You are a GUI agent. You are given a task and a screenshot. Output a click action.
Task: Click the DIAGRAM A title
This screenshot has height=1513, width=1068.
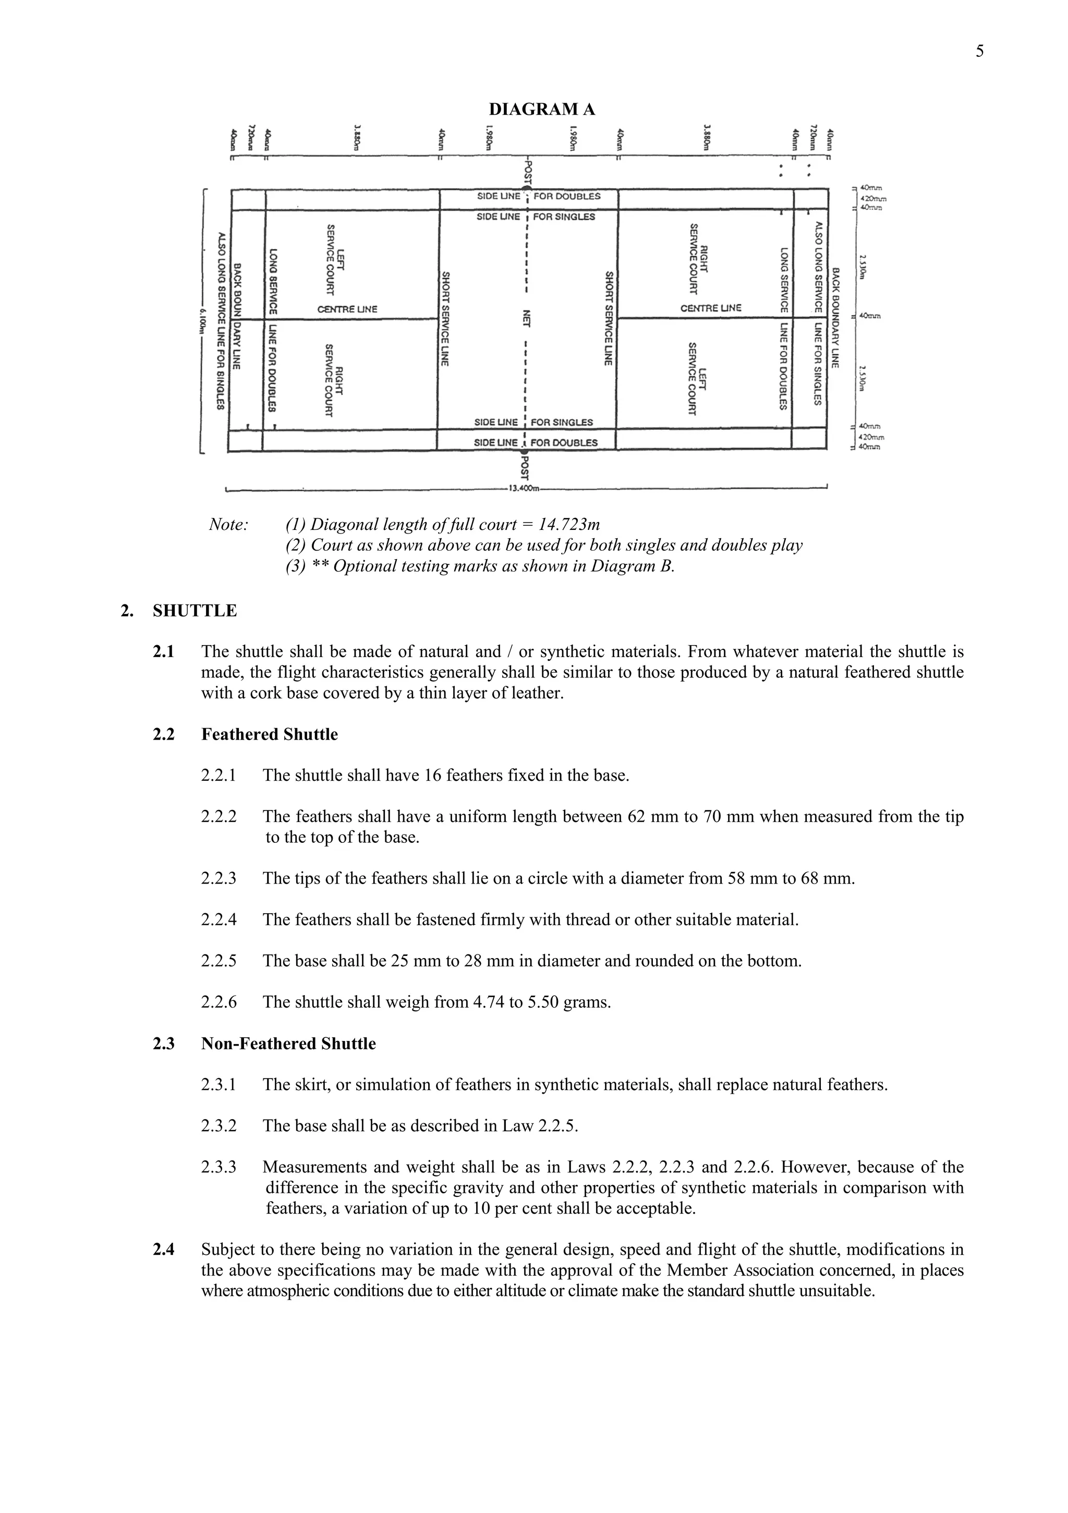(x=542, y=110)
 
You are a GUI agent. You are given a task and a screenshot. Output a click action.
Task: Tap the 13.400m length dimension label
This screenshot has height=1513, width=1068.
(x=524, y=488)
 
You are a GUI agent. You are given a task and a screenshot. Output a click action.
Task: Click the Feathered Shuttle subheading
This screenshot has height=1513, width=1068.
(x=270, y=734)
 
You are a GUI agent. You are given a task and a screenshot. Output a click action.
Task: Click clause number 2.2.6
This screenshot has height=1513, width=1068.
(x=218, y=1002)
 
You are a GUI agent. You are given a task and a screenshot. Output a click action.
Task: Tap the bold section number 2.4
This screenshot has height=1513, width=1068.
(x=163, y=1249)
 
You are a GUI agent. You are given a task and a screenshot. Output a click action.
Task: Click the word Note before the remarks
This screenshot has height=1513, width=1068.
(x=228, y=525)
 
